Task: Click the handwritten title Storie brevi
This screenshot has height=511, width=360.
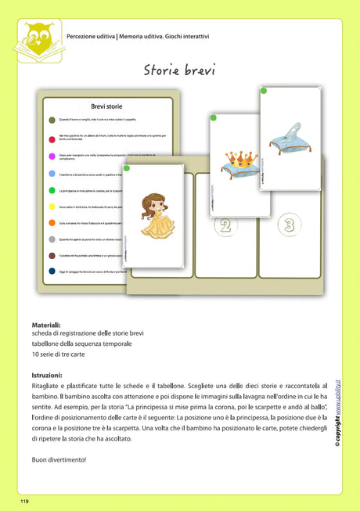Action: coord(179,70)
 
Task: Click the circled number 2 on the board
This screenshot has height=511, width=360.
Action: coord(225,227)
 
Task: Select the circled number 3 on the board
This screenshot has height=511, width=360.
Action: coord(289,226)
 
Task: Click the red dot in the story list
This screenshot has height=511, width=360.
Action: coord(52,137)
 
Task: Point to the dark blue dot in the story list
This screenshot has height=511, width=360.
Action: coord(52,270)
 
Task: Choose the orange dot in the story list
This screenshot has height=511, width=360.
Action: coord(52,222)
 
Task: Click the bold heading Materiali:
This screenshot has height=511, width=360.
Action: coord(46,324)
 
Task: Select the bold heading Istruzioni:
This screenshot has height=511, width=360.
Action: coord(47,376)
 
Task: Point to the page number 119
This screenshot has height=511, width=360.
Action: coord(25,499)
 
